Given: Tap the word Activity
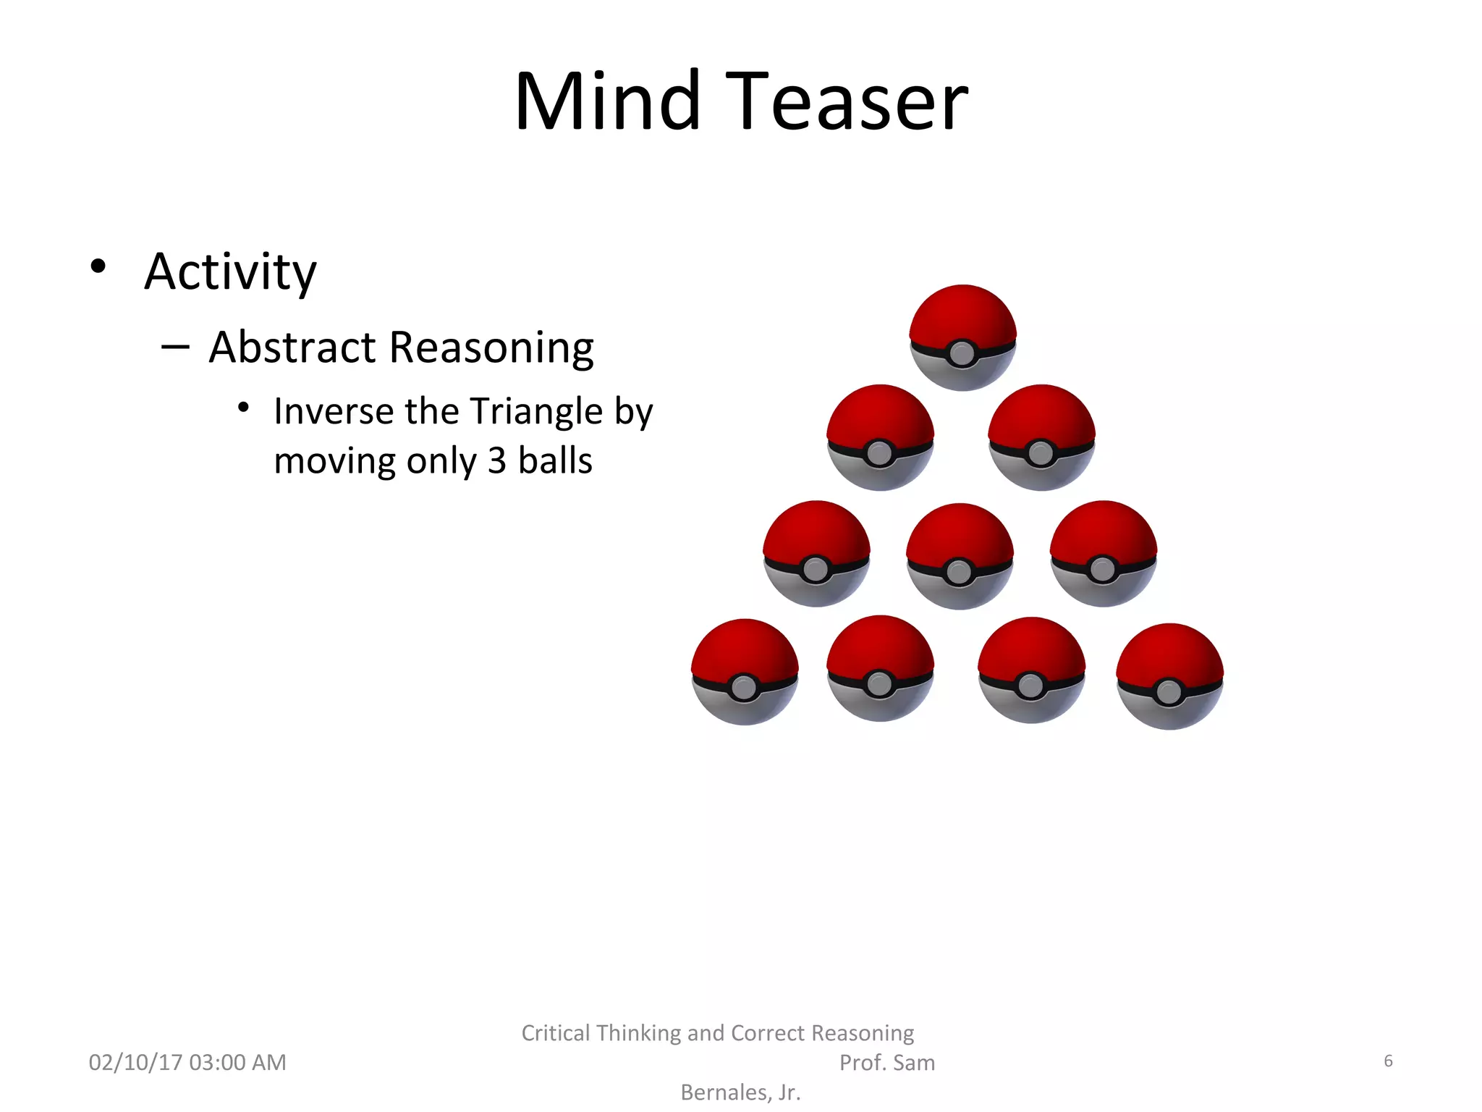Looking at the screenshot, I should click(230, 272).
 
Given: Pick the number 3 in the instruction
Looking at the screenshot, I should click(496, 460).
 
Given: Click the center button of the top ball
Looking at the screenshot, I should click(962, 354).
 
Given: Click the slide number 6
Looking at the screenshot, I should click(1388, 1061).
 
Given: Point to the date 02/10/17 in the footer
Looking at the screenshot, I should click(135, 1063).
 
